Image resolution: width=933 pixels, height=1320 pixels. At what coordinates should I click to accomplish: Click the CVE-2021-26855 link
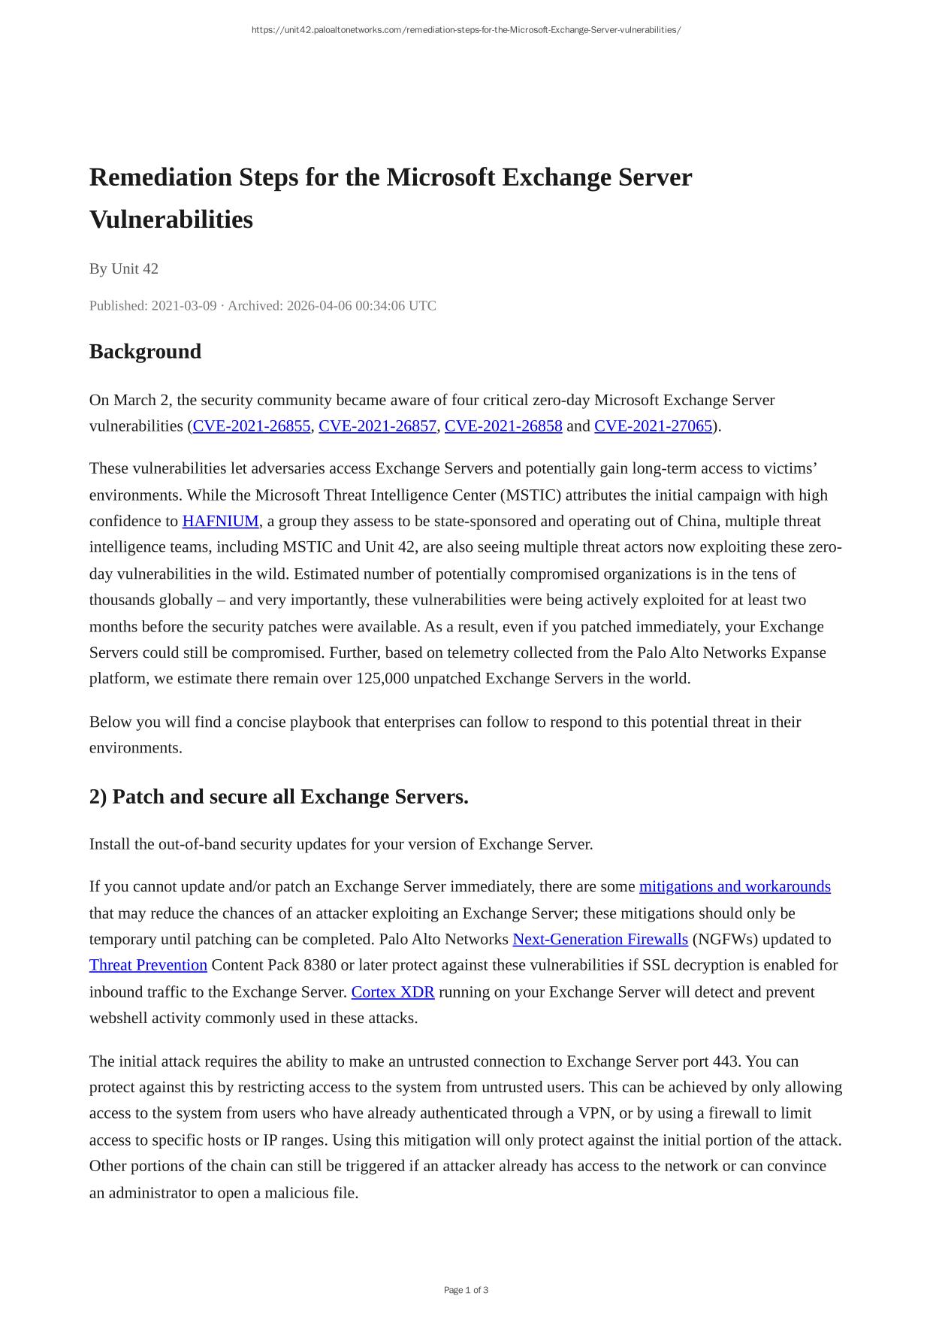252,426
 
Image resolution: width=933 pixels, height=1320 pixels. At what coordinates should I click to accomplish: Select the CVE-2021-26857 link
377,426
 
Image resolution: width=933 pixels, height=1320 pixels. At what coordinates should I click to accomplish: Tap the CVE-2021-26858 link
503,426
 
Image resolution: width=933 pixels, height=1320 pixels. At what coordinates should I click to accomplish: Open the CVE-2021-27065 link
653,426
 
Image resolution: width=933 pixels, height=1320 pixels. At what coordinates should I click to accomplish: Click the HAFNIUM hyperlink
220,522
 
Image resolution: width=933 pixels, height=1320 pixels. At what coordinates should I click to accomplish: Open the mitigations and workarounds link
734,887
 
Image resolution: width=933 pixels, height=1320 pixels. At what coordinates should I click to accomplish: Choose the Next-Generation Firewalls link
599,940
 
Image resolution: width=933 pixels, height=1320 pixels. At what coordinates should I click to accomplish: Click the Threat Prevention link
148,965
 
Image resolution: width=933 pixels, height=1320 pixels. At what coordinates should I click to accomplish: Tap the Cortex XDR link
392,992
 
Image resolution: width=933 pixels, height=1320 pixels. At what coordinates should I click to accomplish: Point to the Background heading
145,352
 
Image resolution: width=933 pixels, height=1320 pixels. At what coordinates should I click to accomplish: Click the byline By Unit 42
124,269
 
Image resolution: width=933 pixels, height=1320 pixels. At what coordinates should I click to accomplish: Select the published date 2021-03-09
183,306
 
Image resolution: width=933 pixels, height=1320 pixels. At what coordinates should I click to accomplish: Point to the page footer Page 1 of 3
466,1290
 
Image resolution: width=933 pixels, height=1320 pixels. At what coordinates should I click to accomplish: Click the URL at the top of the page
466,30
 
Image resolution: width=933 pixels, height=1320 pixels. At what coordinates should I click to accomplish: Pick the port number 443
724,1061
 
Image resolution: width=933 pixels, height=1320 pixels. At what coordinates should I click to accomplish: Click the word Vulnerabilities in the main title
171,219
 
